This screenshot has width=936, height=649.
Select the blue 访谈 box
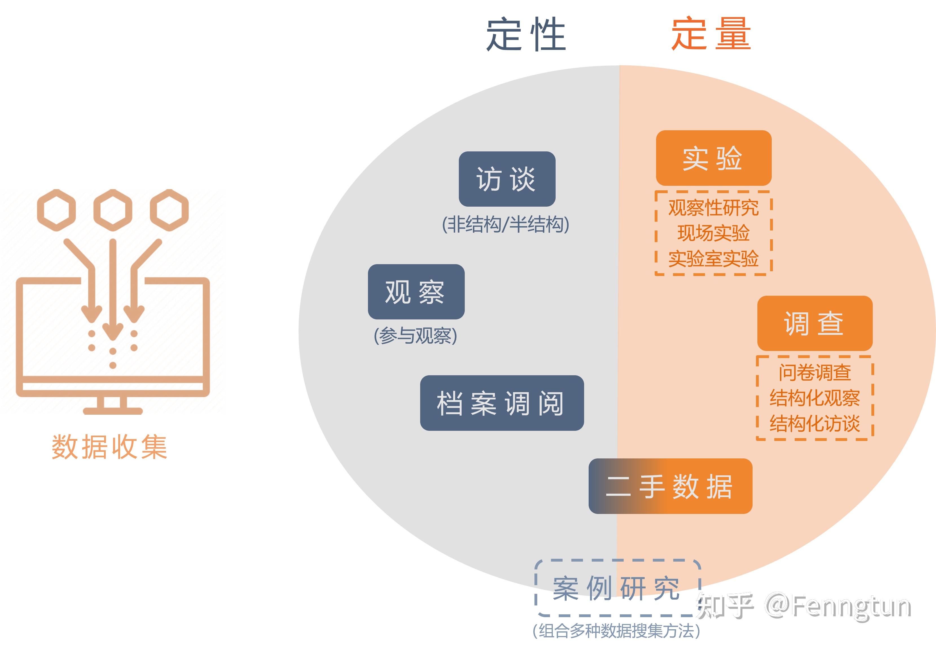pyautogui.click(x=507, y=179)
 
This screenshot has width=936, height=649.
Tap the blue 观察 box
pyautogui.click(x=416, y=292)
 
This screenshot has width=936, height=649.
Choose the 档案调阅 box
pyautogui.click(x=502, y=403)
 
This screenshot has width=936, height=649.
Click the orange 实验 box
pyautogui.click(x=714, y=158)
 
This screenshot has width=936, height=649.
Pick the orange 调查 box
pyautogui.click(x=815, y=323)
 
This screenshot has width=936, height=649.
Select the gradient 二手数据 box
pyautogui.click(x=670, y=486)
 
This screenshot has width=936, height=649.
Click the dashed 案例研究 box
pyautogui.click(x=617, y=588)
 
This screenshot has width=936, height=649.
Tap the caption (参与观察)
pyautogui.click(x=415, y=336)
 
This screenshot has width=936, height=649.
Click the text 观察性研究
pyautogui.click(x=713, y=208)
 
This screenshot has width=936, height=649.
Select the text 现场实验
pyautogui.click(x=713, y=233)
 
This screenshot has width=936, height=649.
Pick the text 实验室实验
pyautogui.click(x=713, y=259)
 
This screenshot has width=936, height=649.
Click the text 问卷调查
pyautogui.click(x=815, y=372)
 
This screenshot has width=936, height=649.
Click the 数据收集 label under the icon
pyautogui.click(x=109, y=447)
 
